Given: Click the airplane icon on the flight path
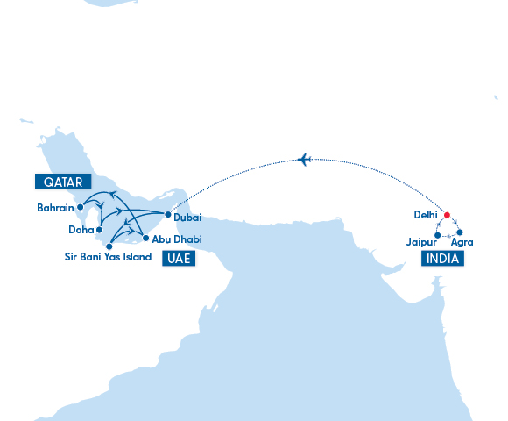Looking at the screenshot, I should (305, 159).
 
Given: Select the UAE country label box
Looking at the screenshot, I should (179, 259).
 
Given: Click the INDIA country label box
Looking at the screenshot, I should (442, 259).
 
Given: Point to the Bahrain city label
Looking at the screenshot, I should (54, 208).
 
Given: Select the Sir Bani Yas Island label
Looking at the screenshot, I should (108, 257).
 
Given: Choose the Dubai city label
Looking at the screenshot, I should (188, 217).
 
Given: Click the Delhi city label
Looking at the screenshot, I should (425, 213).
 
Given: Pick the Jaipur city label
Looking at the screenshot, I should (419, 242).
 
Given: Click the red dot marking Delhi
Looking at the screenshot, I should (446, 215).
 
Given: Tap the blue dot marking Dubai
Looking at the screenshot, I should (168, 214).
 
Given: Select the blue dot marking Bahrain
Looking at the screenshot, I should (81, 208).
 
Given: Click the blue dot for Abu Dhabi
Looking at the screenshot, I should (145, 238).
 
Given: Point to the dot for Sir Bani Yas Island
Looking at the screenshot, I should (109, 246).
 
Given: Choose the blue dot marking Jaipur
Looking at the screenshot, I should (437, 235).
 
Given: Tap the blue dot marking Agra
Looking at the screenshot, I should (460, 233).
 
